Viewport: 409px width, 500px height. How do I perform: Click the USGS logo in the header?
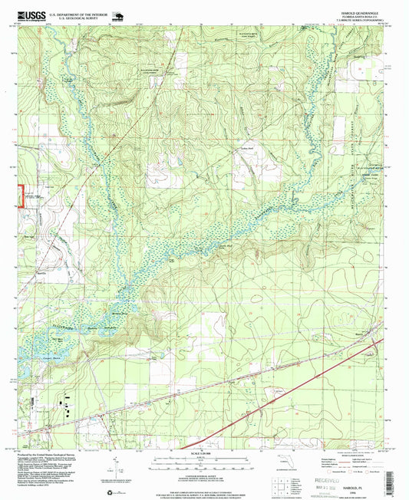click(28, 15)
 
